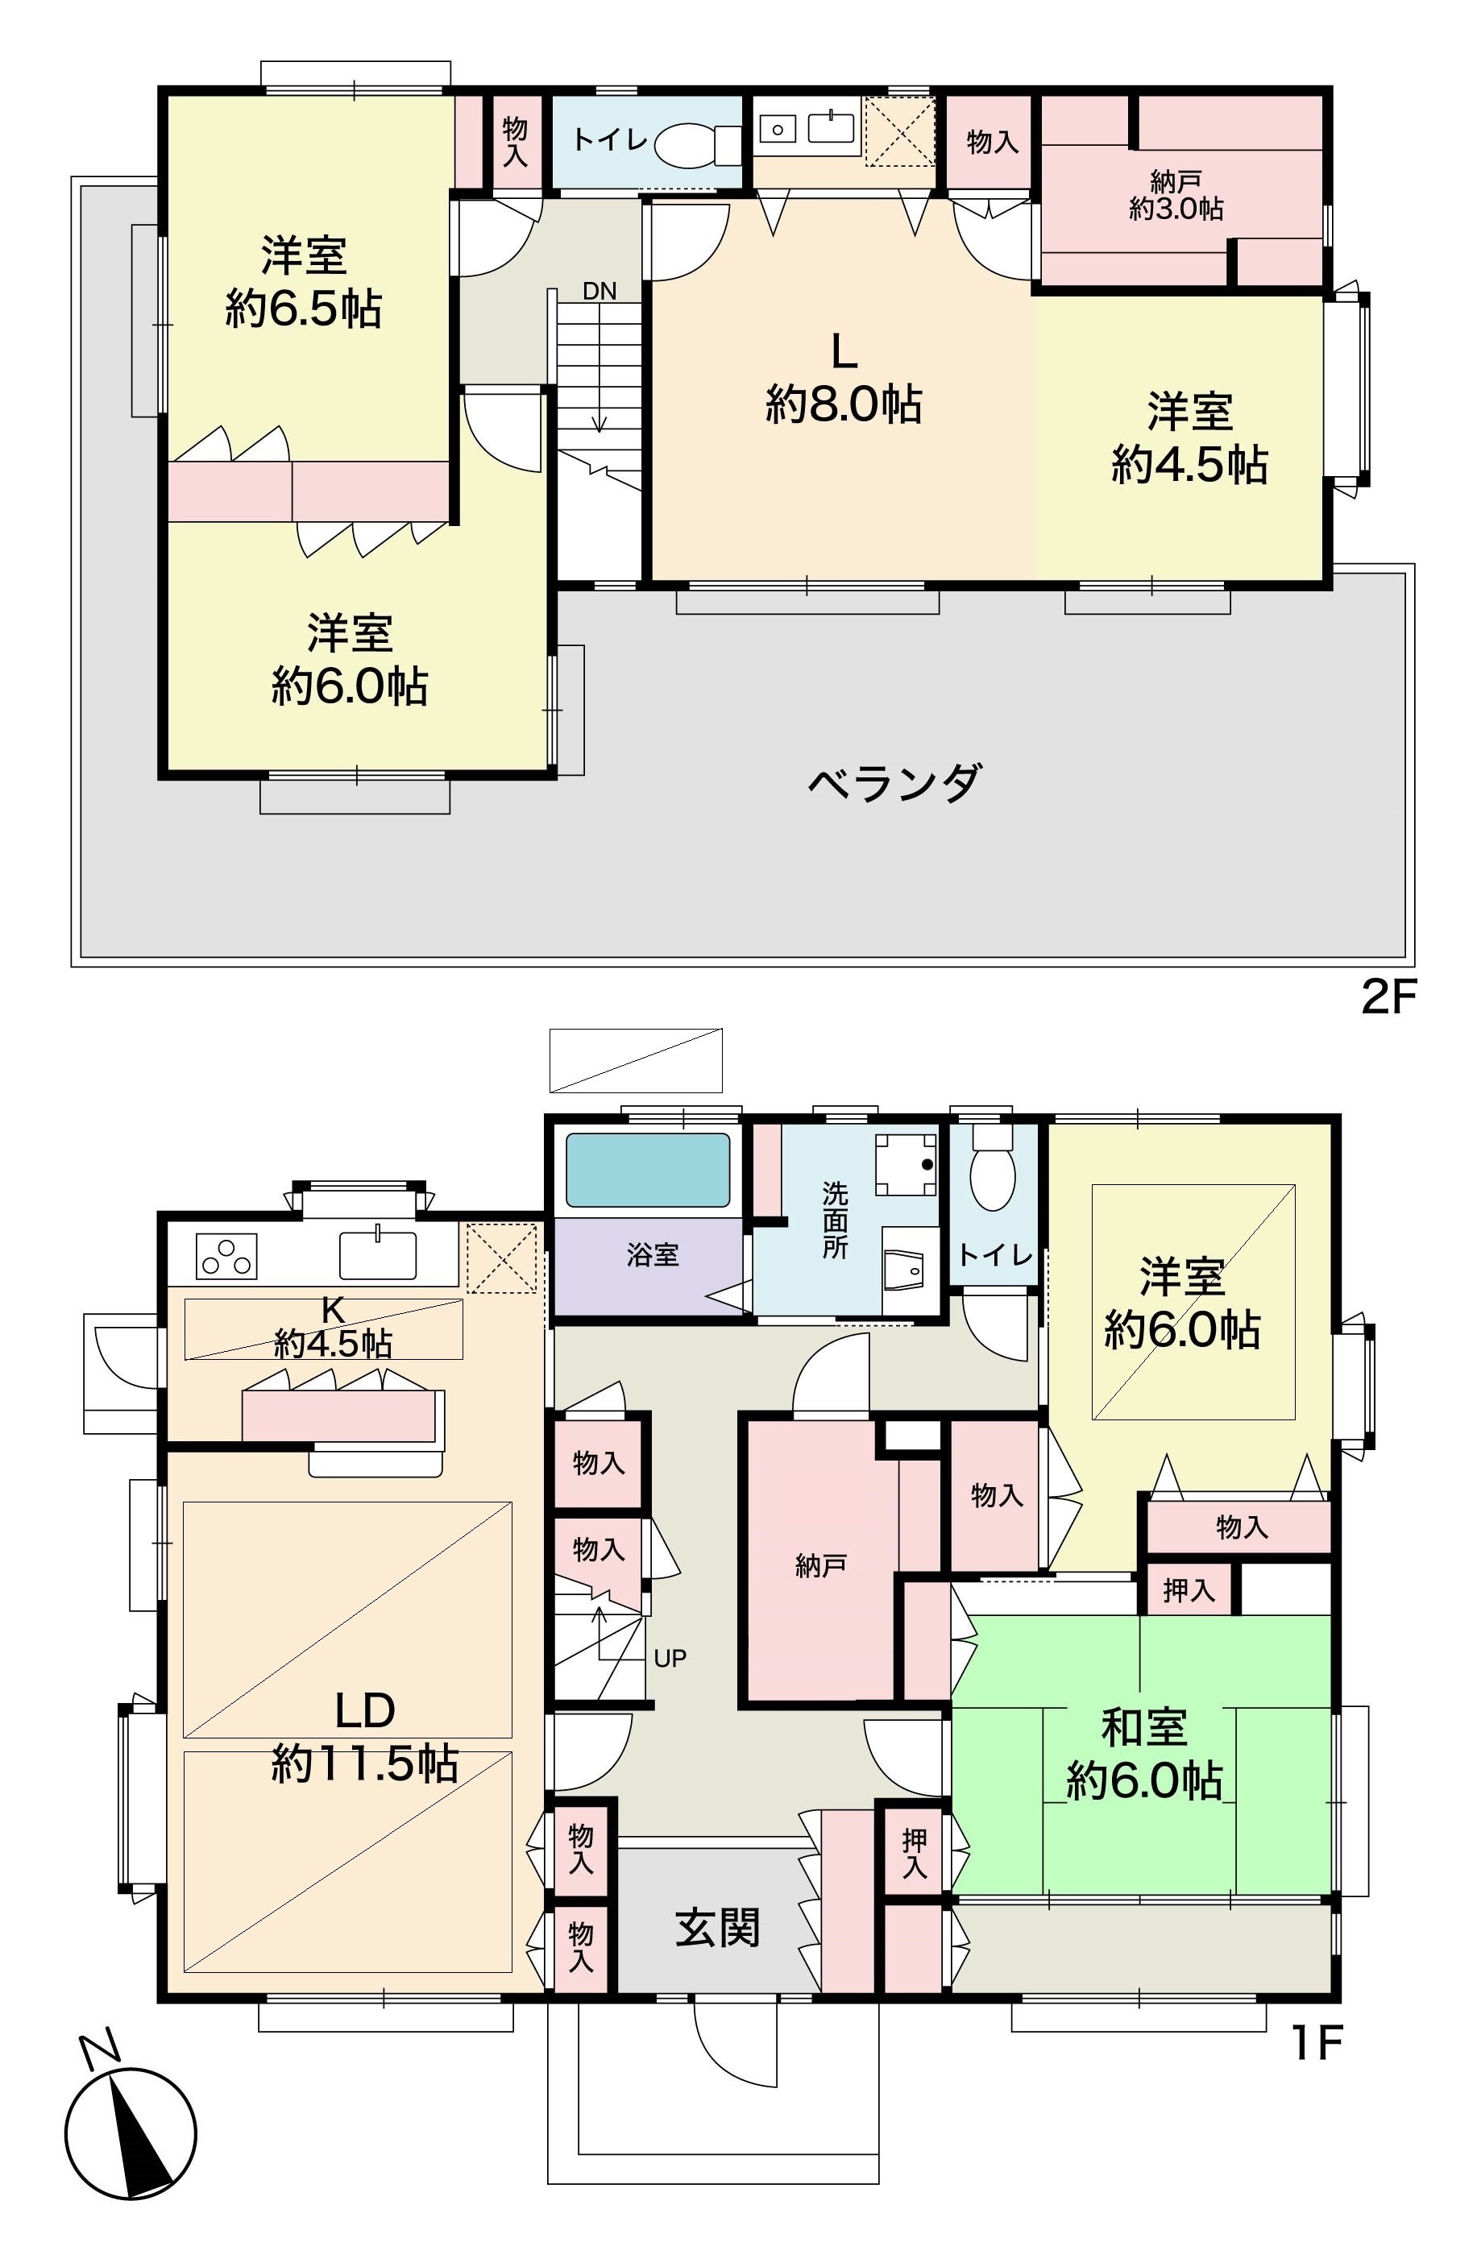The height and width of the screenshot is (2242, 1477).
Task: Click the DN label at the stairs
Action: click(599, 291)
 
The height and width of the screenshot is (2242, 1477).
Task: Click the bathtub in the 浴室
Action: click(647, 1169)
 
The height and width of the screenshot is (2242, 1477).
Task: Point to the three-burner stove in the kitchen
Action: click(226, 1256)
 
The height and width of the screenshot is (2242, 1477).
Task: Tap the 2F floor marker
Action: click(1389, 997)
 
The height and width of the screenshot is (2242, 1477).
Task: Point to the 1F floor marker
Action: click(1316, 2042)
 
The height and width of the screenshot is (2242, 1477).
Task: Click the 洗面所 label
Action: click(835, 1220)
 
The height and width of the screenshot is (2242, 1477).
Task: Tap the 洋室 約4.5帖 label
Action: click(1189, 438)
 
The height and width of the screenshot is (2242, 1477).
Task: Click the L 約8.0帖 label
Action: click(843, 379)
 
